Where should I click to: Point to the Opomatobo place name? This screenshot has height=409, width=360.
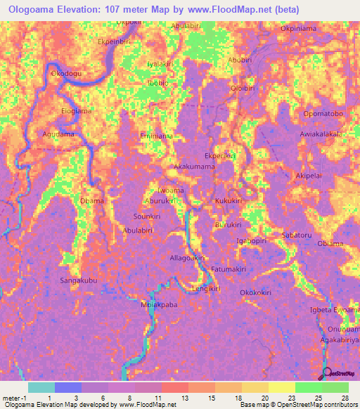tap(323, 114)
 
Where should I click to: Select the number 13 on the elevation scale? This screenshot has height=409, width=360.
tap(185, 398)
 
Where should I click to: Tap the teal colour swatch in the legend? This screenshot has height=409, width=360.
tap(41, 387)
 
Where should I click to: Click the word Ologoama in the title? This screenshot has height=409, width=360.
tap(35, 10)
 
